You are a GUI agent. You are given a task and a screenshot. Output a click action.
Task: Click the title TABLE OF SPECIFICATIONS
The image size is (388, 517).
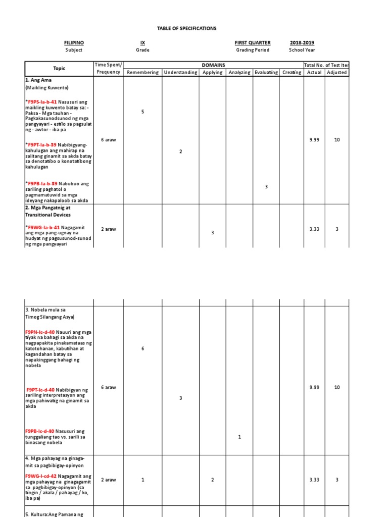(x=187, y=28)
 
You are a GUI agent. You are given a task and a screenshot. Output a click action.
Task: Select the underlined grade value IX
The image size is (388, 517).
(x=142, y=43)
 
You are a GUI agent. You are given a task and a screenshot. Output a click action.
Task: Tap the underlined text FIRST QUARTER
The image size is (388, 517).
(x=252, y=43)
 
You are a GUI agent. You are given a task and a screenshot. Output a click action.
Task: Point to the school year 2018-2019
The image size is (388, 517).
(x=302, y=43)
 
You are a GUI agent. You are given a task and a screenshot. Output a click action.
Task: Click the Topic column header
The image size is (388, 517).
(x=59, y=68)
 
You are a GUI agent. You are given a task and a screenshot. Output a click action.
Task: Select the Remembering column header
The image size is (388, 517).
(x=142, y=72)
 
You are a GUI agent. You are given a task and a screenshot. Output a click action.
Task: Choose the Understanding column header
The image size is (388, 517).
(x=180, y=72)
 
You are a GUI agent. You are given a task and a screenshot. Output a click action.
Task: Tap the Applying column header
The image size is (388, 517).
(x=213, y=72)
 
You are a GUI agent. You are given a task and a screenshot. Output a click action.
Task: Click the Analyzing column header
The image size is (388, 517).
(x=239, y=72)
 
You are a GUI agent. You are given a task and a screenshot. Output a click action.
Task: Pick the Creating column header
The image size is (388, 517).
(x=292, y=72)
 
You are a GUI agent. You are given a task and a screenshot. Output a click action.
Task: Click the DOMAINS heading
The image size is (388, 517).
(x=213, y=65)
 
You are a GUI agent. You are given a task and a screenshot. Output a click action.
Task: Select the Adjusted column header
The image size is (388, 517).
(x=337, y=72)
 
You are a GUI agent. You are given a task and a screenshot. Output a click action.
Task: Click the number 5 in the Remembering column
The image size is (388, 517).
(x=143, y=112)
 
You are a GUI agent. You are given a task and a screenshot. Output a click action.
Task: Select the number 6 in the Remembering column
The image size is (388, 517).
(x=143, y=349)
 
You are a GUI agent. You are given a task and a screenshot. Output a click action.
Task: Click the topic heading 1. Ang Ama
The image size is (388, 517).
(x=38, y=80)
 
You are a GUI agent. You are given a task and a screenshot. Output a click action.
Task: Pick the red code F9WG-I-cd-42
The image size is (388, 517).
(x=40, y=476)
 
